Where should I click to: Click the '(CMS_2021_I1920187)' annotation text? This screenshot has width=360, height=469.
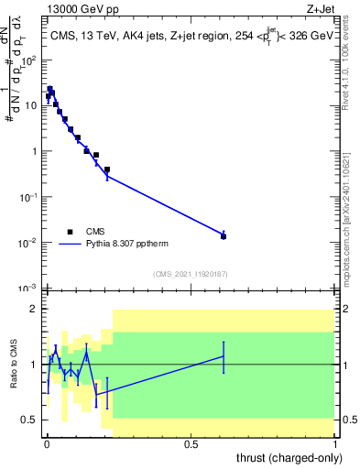click(x=191, y=274)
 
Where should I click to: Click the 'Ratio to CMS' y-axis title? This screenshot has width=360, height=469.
click(x=14, y=365)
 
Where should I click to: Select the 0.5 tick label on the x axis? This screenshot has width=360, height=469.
click(x=191, y=443)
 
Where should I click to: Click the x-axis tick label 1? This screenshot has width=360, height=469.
click(x=336, y=443)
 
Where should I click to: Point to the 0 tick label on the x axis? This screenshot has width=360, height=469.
click(x=47, y=443)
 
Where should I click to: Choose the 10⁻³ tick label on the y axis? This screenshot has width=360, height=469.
click(x=28, y=289)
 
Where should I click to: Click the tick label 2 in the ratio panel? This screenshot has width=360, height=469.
click(x=35, y=309)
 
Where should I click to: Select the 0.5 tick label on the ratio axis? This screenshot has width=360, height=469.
click(x=30, y=420)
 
